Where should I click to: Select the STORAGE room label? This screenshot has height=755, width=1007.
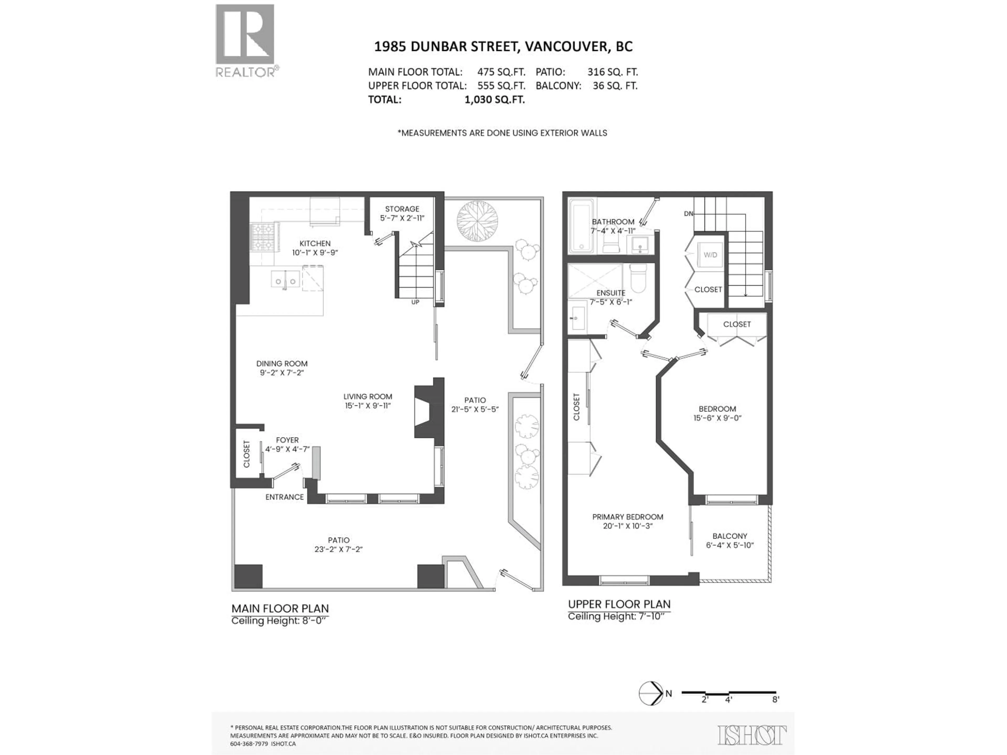402,209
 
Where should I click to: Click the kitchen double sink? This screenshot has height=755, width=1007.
285,279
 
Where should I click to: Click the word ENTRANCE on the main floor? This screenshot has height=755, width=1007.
285,497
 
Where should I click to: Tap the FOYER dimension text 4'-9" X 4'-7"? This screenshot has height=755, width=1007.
287,449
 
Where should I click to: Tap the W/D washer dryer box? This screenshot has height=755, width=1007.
710,255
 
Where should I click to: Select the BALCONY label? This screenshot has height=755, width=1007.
730,536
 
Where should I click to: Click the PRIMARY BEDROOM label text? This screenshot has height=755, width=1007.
627,517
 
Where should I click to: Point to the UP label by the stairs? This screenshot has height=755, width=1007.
415,302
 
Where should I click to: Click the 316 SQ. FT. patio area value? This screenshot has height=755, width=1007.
612,72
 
